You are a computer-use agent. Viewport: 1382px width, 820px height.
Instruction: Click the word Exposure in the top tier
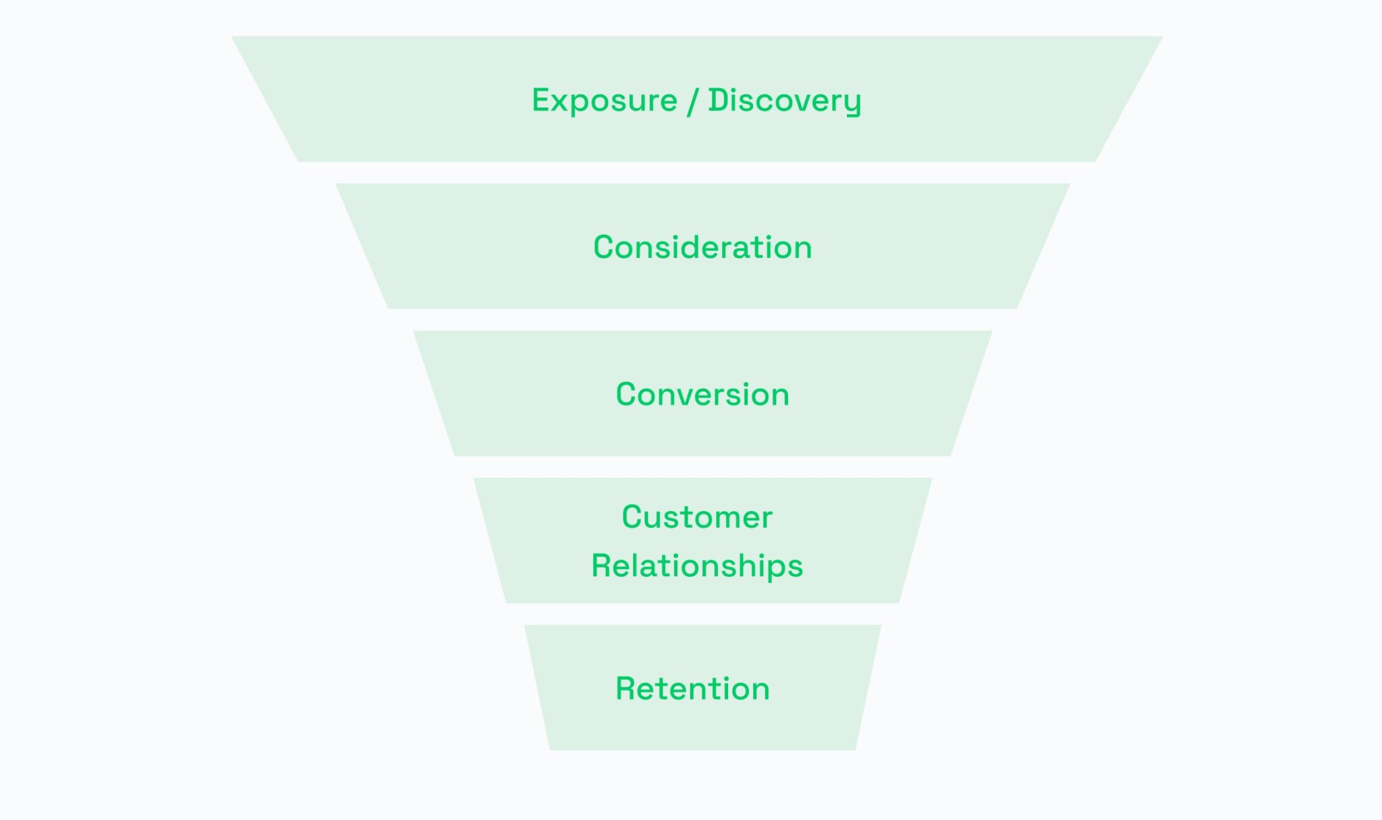point(604,101)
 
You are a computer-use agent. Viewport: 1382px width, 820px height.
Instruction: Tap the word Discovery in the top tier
point(784,101)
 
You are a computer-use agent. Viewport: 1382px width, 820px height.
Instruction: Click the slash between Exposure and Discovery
point(692,101)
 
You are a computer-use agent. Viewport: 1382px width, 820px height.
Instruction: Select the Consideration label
point(702,247)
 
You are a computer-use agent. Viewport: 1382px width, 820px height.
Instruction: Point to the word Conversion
point(702,394)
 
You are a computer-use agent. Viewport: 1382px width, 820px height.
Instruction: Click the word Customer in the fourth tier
point(697,518)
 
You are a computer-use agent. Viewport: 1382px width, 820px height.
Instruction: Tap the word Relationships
point(697,566)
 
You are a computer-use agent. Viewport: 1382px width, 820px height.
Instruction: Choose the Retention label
point(692,689)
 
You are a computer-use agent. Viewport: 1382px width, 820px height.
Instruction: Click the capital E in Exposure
point(541,100)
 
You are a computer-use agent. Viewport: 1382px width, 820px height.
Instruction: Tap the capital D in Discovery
point(718,100)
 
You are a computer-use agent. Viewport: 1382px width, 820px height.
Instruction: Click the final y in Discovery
point(852,104)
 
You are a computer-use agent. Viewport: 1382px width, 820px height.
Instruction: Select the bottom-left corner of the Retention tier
point(551,748)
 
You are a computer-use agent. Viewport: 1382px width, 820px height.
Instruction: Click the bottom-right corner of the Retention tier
point(855,748)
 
